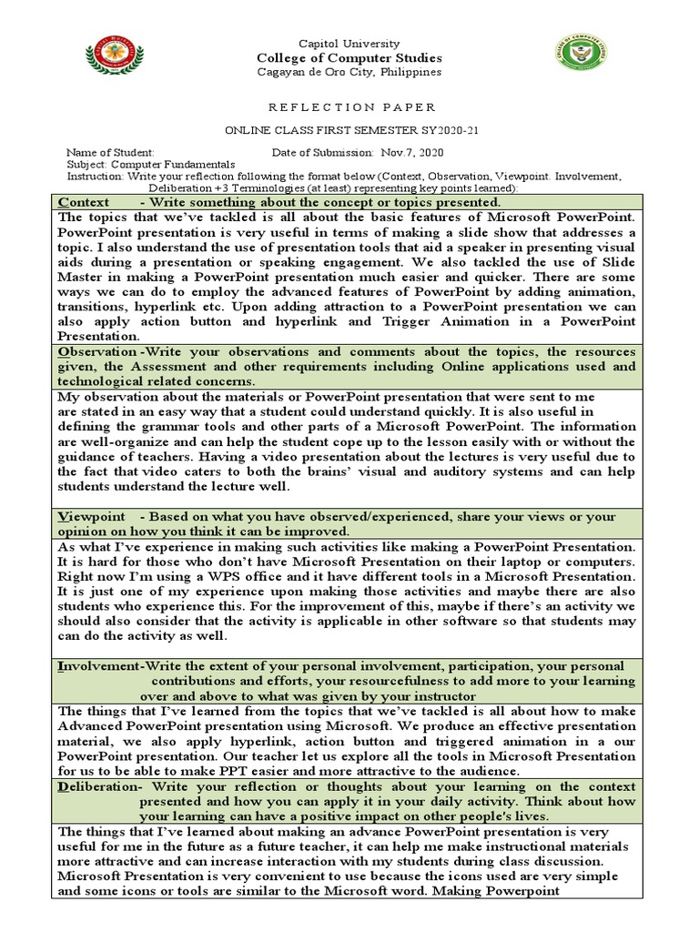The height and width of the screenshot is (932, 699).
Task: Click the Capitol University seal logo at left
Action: pos(115,57)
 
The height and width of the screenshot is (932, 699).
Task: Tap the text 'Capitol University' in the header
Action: pos(349,44)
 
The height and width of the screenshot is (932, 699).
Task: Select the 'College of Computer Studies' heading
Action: pos(349,58)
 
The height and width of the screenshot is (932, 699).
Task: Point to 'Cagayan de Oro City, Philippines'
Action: pos(349,72)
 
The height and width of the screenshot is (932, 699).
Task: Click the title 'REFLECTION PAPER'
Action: pos(349,106)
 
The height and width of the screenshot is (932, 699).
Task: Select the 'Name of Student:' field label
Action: pos(110,152)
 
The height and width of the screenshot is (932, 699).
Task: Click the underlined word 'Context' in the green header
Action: pos(84,202)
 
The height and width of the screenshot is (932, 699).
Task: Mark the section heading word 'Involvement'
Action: pos(100,666)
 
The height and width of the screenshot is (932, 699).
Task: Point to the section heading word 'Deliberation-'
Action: pos(100,785)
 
